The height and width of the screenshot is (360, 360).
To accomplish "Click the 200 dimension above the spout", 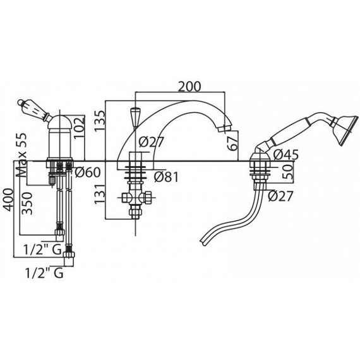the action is point(189,87).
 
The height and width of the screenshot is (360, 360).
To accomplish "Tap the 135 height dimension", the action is point(100,121).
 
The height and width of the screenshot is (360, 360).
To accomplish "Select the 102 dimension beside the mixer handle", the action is point(79,128).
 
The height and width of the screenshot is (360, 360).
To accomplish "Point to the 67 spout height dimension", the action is point(234,143).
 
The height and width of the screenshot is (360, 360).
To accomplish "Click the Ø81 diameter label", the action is point(167,177).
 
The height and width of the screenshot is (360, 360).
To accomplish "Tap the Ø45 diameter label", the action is point(286,155).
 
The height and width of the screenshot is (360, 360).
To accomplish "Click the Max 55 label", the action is point(21,155).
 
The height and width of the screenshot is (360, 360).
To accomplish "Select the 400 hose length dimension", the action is point(8,200).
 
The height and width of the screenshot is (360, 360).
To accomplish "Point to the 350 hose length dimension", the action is point(27,203).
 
